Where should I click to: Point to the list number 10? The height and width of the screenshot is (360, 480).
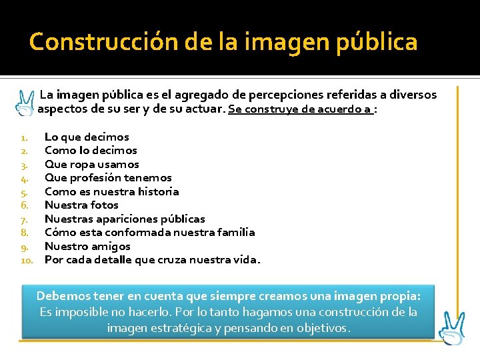pyautogui.click(x=27, y=260)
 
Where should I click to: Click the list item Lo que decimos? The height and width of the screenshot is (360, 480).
pyautogui.click(x=87, y=137)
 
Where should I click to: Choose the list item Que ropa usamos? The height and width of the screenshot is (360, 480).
pyautogui.click(x=92, y=164)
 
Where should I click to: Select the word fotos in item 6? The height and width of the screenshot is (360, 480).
pyautogui.click(x=103, y=205)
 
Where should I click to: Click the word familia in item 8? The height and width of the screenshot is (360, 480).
pyautogui.click(x=232, y=232)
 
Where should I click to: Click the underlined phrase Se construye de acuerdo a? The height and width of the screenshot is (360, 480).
pyautogui.click(x=300, y=109)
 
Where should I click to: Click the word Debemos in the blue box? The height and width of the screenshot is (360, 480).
pyautogui.click(x=62, y=295)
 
